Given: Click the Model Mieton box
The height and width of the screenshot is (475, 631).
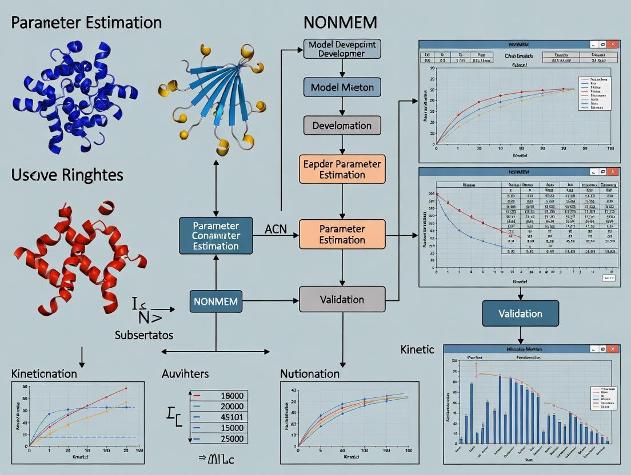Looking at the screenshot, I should (342, 87).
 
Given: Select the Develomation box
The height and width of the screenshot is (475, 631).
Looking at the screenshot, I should (342, 126).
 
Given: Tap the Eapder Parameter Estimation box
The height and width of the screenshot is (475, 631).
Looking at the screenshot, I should (342, 170).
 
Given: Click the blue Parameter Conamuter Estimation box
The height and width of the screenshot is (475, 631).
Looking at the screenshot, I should (215, 235).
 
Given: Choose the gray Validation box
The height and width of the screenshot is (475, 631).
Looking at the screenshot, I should (342, 300).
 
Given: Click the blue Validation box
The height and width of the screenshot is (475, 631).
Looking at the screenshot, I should (520, 313).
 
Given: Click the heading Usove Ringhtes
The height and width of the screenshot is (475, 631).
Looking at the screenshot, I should (67, 175).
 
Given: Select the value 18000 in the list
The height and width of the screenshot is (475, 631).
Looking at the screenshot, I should (231, 395).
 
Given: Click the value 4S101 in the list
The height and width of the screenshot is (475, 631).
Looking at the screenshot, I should (231, 416).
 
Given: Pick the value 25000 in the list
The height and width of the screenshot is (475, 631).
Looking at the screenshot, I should (231, 438).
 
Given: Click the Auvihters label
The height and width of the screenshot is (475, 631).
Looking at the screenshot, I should (185, 374).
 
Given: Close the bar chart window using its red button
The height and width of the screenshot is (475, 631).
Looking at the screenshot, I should (613, 349).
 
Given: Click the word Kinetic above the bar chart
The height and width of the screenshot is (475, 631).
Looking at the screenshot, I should (417, 349).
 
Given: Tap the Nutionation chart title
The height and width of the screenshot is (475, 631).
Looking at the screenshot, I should (310, 374).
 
